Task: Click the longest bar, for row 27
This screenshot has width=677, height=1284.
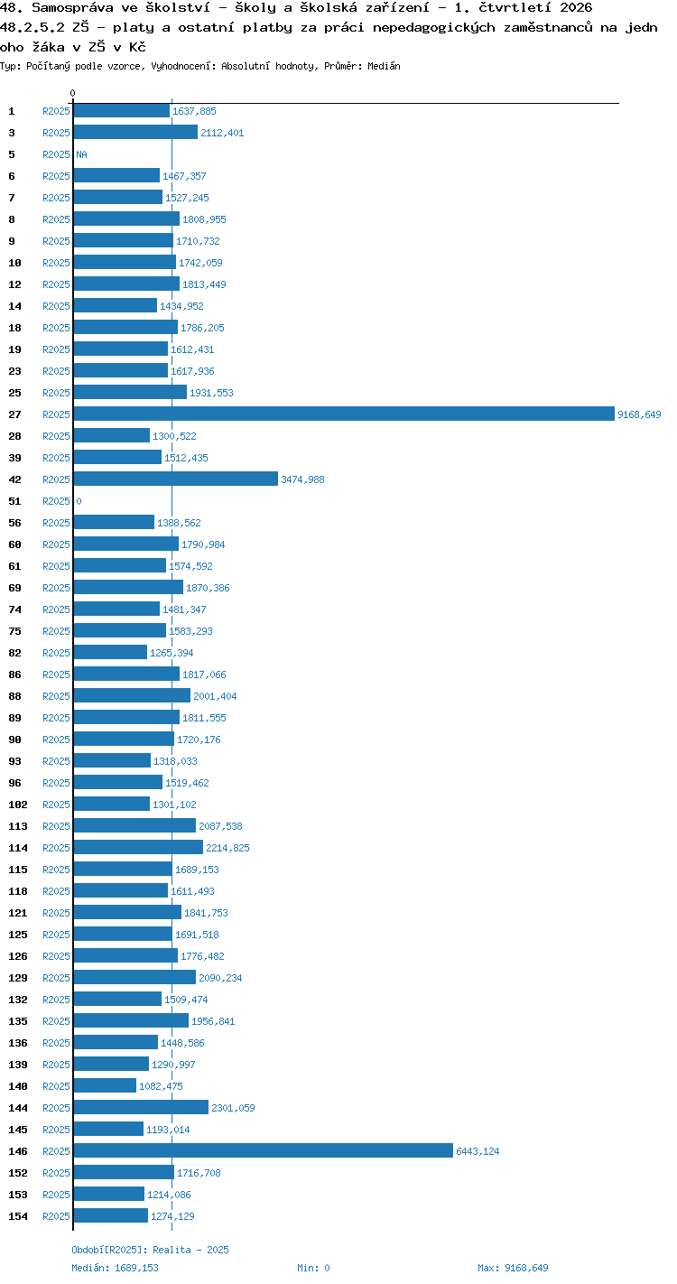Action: [344, 414]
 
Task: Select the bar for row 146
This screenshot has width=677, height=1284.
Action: [263, 1150]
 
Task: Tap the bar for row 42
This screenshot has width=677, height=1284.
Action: [175, 479]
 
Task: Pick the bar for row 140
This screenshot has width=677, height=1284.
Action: [105, 1085]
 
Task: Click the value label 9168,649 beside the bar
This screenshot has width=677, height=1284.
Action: [639, 414]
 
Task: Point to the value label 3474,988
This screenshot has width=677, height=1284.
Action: [302, 479]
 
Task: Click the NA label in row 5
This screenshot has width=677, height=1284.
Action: [81, 154]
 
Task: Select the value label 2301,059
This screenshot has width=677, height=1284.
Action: [233, 1108]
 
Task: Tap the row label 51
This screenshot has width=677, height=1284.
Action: [15, 501]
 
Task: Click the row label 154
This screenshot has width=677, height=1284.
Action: [18, 1215]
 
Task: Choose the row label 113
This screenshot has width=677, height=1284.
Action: [18, 826]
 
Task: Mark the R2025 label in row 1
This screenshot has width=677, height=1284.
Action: [56, 111]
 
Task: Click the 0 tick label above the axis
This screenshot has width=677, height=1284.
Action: [73, 93]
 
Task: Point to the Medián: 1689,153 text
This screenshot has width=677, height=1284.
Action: [116, 1268]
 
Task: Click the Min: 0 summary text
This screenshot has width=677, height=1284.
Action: [313, 1268]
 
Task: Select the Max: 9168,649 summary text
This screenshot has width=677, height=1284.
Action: [513, 1268]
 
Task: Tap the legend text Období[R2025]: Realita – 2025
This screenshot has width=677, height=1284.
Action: [150, 1250]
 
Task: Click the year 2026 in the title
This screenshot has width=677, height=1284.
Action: [576, 7]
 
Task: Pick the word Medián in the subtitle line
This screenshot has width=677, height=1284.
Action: [384, 66]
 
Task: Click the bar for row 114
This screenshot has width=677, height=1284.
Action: [138, 847]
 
